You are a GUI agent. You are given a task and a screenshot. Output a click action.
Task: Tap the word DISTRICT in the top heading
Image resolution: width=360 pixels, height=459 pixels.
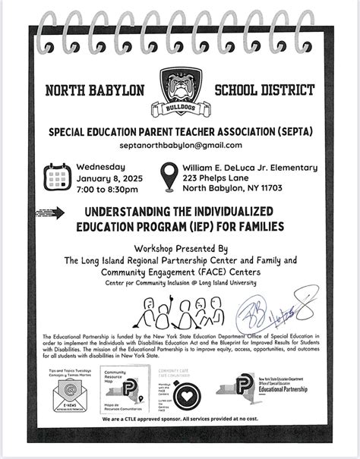pyautogui.click(x=283, y=91)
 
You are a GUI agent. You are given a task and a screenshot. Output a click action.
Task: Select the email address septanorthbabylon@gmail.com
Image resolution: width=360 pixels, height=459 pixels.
pyautogui.click(x=180, y=145)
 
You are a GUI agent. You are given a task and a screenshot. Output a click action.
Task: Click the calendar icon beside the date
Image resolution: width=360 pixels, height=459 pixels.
pyautogui.click(x=58, y=178)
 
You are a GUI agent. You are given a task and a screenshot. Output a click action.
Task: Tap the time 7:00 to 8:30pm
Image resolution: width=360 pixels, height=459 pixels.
pyautogui.click(x=108, y=189)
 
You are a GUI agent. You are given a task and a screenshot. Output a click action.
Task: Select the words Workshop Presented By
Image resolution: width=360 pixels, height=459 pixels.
pyautogui.click(x=179, y=248)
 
